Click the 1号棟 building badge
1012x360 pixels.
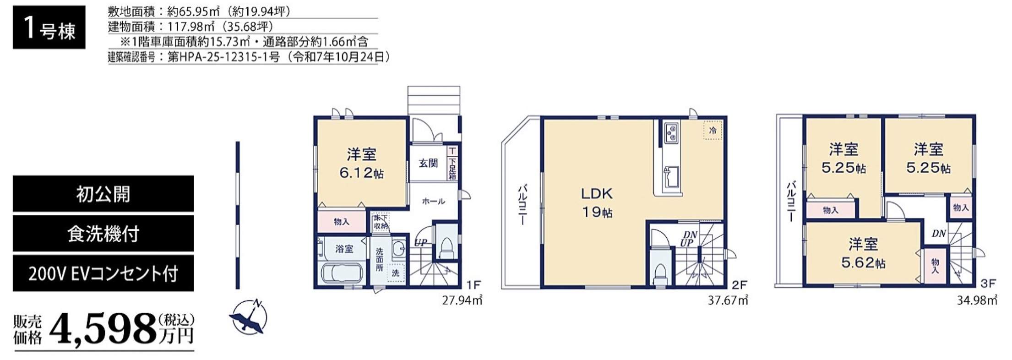49,27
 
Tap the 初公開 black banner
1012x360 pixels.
103,194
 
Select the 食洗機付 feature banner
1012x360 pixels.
103,234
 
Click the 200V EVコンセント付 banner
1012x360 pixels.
103,273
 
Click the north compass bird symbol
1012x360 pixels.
248,317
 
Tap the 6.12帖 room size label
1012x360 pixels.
362,173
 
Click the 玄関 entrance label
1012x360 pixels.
428,163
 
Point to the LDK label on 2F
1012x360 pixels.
597,193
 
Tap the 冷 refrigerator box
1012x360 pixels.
713,130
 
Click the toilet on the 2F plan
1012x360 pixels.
660,274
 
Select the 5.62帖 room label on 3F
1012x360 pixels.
864,263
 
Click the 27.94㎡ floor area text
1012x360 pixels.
462,300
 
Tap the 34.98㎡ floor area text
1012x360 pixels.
977,300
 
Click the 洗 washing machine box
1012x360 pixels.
396,273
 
